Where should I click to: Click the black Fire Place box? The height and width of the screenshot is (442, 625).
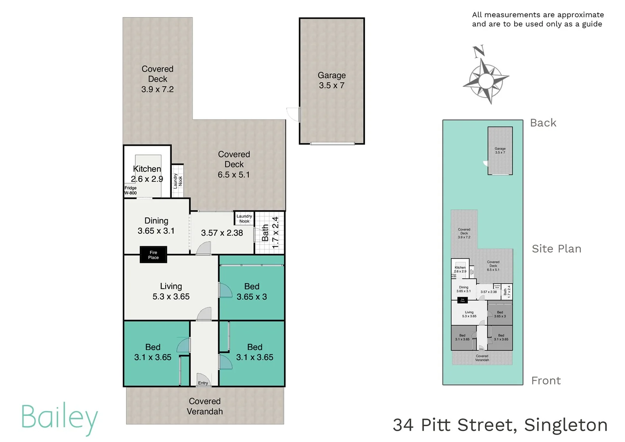153,255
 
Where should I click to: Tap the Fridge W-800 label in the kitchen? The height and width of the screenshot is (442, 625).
130,190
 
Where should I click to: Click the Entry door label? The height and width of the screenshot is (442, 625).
203,383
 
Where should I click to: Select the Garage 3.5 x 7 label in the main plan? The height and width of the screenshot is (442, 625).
331,80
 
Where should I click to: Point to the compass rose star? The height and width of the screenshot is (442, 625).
486,79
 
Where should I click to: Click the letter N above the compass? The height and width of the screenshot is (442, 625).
479,51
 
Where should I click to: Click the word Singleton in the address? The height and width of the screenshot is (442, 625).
566,425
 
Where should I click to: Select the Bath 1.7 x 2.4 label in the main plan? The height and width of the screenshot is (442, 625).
270,232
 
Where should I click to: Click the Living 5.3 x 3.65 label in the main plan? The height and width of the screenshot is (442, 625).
171,291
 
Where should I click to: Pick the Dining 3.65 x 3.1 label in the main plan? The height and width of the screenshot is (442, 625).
156,226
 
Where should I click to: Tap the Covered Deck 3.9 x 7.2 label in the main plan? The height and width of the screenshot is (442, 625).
157,79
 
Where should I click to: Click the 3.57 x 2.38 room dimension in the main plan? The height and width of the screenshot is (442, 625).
222,233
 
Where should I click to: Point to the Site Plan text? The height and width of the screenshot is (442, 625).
556,249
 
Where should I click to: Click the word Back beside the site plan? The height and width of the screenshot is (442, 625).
543,123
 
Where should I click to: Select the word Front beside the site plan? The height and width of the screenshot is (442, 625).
546,381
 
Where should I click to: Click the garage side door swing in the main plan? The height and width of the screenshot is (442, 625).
293,114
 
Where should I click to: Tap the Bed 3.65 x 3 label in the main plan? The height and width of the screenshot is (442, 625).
252,291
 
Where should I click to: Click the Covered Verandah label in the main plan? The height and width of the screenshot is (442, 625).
205,406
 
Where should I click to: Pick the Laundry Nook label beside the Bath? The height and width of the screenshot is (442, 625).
244,219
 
